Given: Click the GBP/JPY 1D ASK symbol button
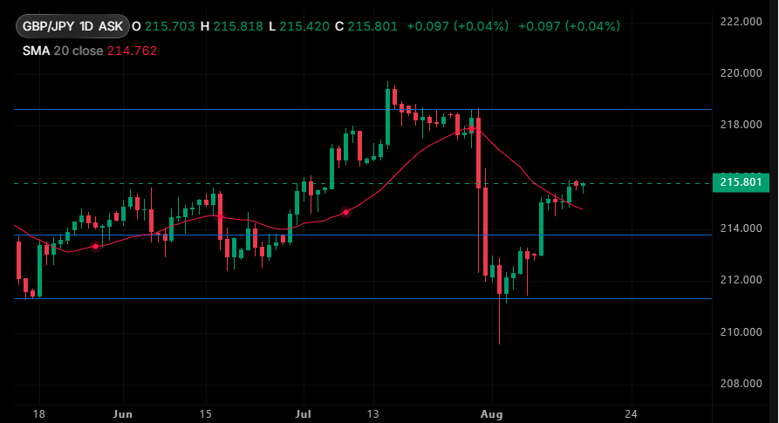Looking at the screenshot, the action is tap(73, 26).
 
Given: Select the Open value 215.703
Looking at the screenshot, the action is tap(170, 26).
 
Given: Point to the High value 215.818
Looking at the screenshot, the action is tap(238, 26).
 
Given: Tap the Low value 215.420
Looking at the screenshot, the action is tap(304, 26).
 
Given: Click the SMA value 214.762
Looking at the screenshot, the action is tap(132, 51).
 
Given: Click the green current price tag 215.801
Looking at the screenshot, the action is tap(741, 182).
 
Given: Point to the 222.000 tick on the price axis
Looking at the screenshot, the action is tap(741, 21).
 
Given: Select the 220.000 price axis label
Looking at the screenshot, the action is tap(741, 73).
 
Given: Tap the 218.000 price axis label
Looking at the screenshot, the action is tap(741, 125).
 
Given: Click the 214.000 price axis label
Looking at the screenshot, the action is tap(741, 229).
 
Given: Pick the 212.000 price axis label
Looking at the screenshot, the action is tap(741, 280).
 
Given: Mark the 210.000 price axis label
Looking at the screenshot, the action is tap(741, 331).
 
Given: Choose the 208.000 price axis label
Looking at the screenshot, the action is tap(741, 383).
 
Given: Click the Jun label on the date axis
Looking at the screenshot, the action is tap(123, 414).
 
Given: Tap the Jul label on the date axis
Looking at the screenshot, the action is tap(303, 414).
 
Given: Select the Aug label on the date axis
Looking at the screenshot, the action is tap(491, 414).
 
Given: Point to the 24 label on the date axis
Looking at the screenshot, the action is tap(631, 414).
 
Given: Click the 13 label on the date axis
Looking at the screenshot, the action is tap(372, 414).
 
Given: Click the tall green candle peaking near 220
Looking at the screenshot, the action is tap(387, 116).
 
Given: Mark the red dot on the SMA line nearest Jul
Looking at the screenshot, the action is tap(345, 213).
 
